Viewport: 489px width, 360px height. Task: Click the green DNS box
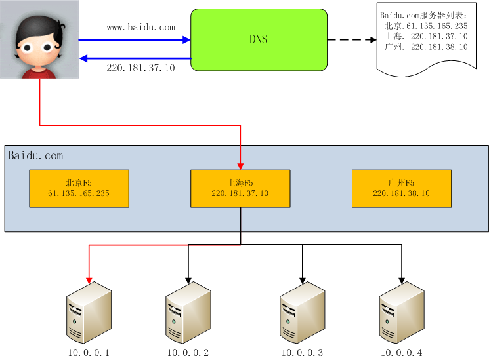tap(259, 39)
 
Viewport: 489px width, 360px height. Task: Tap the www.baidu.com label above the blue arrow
tap(140, 28)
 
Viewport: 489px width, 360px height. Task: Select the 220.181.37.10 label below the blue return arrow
tap(140, 68)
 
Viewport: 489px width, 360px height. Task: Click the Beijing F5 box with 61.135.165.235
tap(79, 189)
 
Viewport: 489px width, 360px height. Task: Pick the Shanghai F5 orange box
tap(240, 189)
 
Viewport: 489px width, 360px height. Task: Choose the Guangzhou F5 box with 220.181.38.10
tap(402, 189)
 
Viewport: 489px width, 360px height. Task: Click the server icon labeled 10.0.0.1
tap(89, 312)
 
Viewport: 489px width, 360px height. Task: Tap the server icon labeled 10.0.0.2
tap(188, 312)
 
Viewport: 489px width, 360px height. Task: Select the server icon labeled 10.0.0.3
tap(302, 312)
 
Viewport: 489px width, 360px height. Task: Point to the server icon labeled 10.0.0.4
tap(402, 312)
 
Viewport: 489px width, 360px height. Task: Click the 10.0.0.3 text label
tap(302, 353)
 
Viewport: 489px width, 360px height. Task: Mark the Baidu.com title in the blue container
tap(35, 155)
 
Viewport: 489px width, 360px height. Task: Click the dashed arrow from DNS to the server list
tap(352, 40)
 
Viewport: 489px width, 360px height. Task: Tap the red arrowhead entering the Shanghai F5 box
tap(240, 166)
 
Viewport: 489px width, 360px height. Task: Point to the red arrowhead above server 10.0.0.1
tap(89, 280)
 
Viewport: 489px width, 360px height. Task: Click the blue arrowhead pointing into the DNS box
tap(186, 39)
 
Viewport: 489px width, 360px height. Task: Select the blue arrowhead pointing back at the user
tap(83, 58)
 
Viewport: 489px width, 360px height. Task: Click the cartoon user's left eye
tap(27, 48)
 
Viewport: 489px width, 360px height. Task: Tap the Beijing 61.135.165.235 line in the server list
tap(426, 26)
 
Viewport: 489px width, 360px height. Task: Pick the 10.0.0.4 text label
tap(402, 353)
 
